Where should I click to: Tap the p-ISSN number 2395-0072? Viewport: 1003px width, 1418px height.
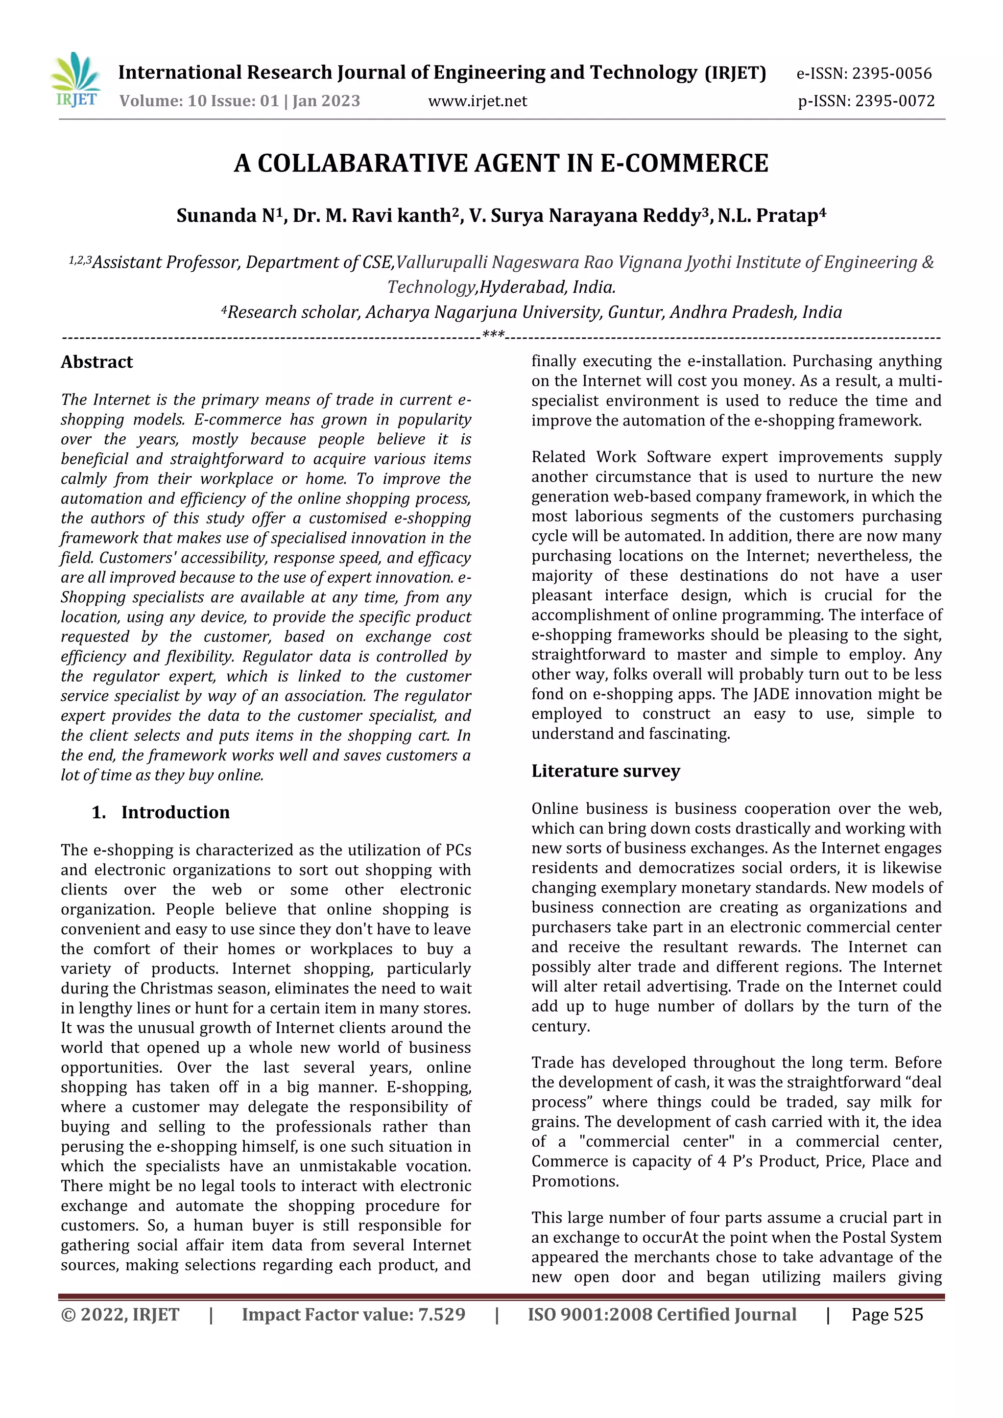click(894, 101)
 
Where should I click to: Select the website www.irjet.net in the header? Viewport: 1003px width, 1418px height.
click(478, 101)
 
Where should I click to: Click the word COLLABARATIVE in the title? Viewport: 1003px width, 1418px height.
click(364, 164)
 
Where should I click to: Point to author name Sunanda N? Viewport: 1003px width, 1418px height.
click(225, 216)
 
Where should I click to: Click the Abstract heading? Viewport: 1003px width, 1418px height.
click(97, 362)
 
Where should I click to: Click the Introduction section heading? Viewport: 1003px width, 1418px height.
click(175, 812)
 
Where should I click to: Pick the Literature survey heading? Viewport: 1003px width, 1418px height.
click(605, 771)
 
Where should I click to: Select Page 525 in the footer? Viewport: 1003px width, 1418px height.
click(887, 1314)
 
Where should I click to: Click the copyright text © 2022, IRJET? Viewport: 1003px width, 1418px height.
click(120, 1314)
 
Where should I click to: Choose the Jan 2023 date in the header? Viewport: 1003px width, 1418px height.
click(326, 101)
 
